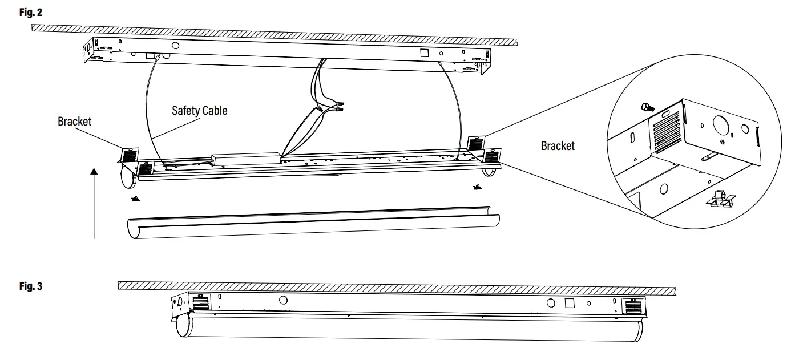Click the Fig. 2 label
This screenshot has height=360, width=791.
[x=31, y=12]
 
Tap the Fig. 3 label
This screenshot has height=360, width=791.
[x=31, y=286]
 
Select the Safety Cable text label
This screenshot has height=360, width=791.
[x=199, y=110]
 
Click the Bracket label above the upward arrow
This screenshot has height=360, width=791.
[x=74, y=122]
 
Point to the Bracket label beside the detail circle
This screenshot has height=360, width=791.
[x=558, y=146]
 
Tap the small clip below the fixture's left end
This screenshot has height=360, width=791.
[x=136, y=199]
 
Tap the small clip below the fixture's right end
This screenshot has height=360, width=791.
[x=475, y=188]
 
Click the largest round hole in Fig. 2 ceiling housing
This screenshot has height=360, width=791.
[x=176, y=45]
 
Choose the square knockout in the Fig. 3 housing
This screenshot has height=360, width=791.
[x=569, y=303]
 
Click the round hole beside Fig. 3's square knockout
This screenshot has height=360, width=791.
[x=551, y=303]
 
